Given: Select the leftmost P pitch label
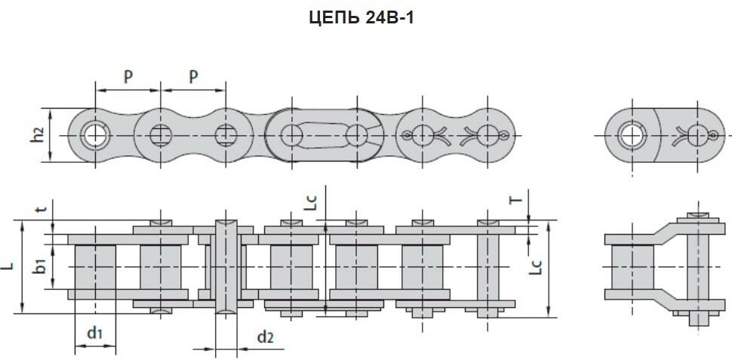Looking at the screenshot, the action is [x=128, y=77].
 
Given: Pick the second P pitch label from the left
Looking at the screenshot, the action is [x=193, y=77].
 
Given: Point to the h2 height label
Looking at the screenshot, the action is [x=39, y=135].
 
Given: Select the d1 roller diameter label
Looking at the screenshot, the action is [x=95, y=334].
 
